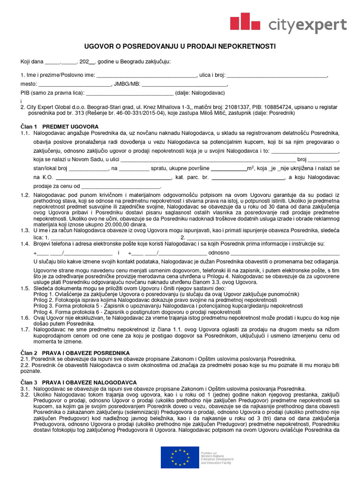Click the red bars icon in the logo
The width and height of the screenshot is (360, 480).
pyautogui.click(x=245, y=22)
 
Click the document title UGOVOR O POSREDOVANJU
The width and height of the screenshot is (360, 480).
pyautogui.click(x=180, y=46)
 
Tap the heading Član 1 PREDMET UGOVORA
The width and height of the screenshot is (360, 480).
pyautogui.click(x=59, y=127)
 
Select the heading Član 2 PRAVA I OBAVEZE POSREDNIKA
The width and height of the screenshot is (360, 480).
pyautogui.click(x=75, y=352)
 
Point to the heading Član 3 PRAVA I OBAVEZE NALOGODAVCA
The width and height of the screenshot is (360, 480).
pyautogui.click(x=78, y=382)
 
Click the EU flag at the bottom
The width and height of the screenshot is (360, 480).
pyautogui.click(x=180, y=457)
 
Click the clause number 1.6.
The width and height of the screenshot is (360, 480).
pyautogui.click(x=25, y=318)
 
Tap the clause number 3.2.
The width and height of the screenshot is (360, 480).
pyautogui.click(x=25, y=395)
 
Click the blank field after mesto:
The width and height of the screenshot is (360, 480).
pyautogui.click(x=74, y=84)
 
